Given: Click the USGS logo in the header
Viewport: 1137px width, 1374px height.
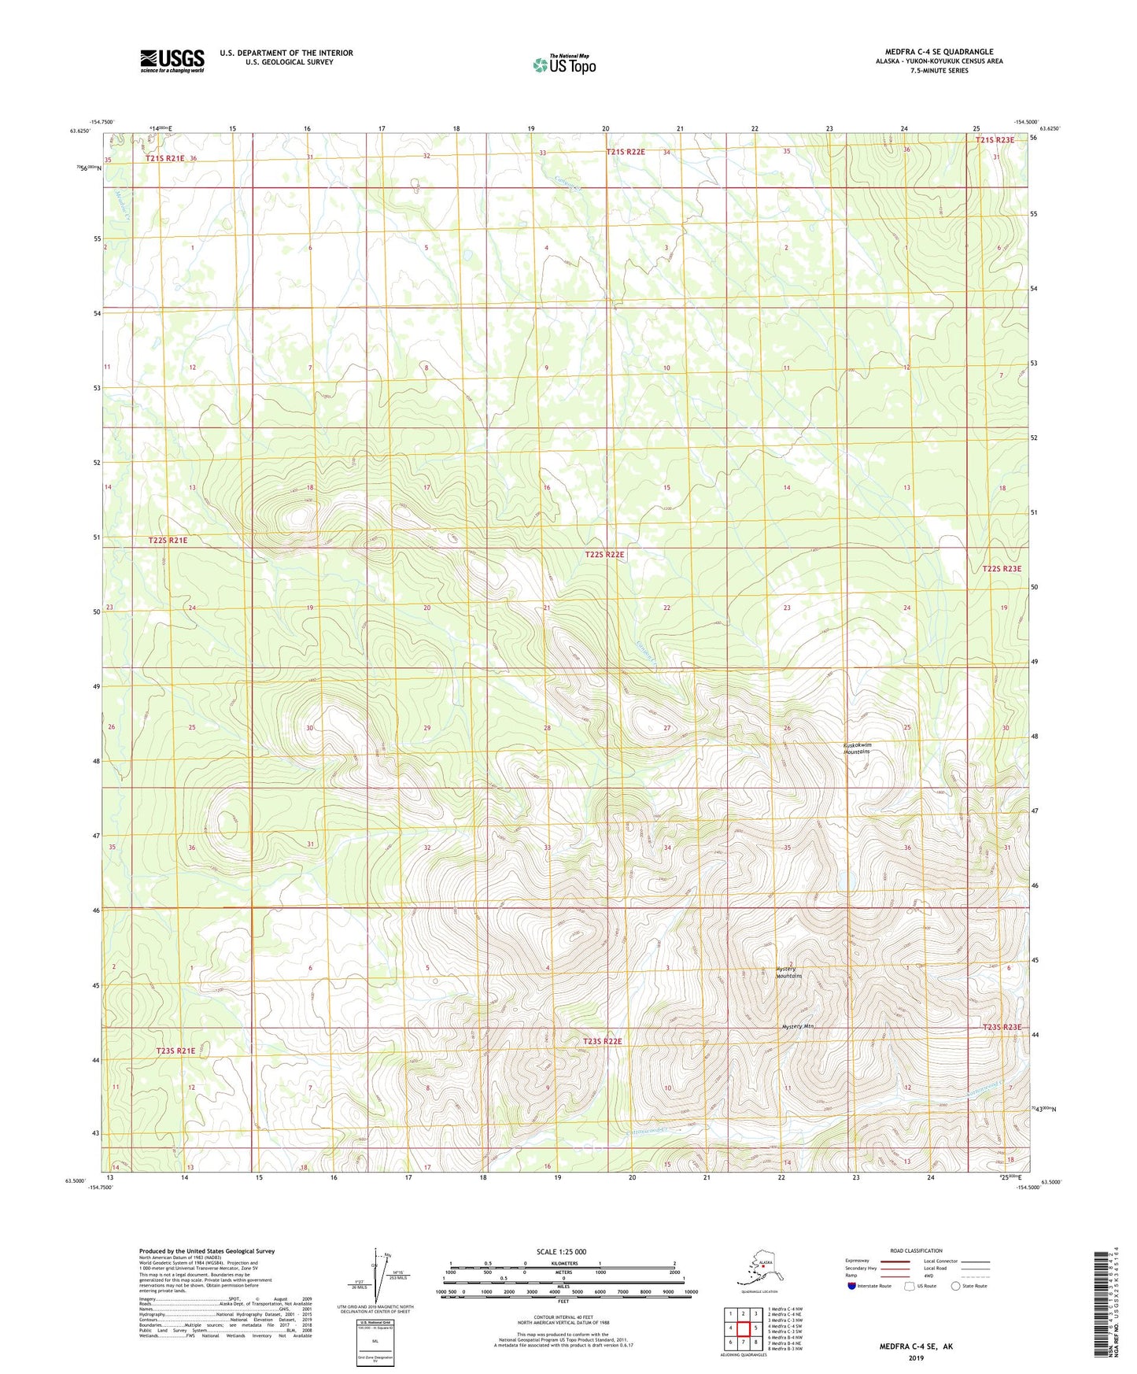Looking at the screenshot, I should click(x=172, y=61).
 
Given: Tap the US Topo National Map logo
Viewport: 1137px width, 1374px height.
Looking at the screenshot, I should click(x=563, y=64).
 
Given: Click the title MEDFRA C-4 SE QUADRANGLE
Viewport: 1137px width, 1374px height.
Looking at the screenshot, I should click(x=939, y=52).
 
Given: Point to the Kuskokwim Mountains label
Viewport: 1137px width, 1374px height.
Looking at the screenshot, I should click(x=857, y=748).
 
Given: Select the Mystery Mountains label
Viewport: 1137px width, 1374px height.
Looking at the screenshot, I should click(x=788, y=972).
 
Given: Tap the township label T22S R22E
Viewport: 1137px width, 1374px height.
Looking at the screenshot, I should click(x=604, y=555).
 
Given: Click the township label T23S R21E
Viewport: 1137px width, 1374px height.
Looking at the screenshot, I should click(x=175, y=1051).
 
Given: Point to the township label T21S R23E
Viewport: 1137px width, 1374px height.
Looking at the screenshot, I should click(x=995, y=140).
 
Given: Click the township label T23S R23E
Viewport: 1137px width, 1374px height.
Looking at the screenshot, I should click(x=1002, y=1027).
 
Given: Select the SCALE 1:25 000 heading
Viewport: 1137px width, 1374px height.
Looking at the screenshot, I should click(x=561, y=1252).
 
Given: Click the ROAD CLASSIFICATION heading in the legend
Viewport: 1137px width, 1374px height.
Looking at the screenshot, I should click(x=916, y=1250).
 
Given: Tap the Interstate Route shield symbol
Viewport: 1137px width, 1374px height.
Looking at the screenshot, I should click(x=851, y=1286).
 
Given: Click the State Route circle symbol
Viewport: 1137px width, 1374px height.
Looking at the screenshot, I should click(x=955, y=1286).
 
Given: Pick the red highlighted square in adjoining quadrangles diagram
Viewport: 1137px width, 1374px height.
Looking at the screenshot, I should click(x=743, y=1328).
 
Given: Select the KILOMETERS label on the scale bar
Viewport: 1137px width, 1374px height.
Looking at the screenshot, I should click(x=563, y=1264).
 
